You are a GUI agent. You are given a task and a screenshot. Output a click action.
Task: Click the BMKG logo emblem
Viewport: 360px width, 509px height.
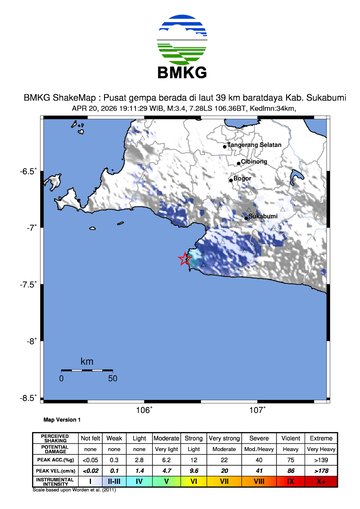[180, 40]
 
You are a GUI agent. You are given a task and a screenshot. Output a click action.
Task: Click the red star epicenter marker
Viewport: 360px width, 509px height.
[185, 259]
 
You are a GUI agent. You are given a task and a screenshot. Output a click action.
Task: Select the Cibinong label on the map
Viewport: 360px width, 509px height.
[255, 161]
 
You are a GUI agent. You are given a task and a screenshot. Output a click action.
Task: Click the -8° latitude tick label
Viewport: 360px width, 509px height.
[31, 341]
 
